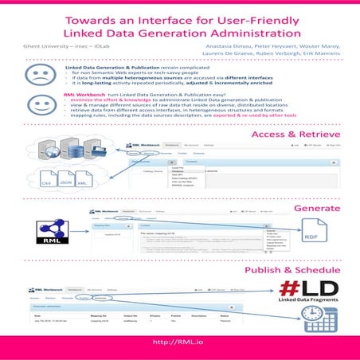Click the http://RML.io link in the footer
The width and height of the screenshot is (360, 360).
pos(179,342)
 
